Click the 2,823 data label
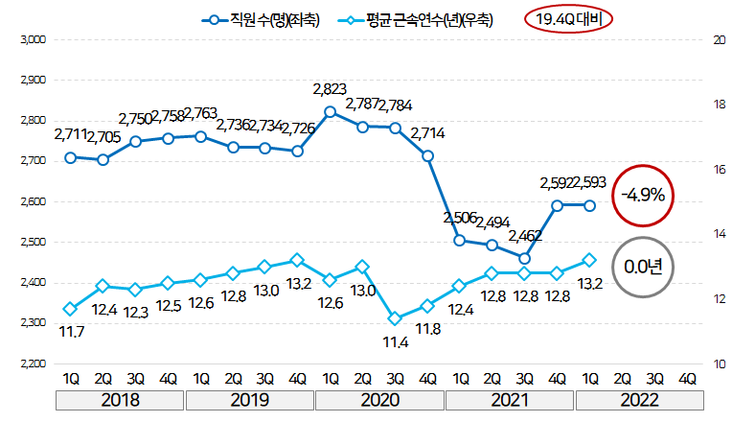pyautogui.click(x=330, y=90)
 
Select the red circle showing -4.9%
pyautogui.click(x=643, y=195)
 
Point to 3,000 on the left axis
pyautogui.click(x=33, y=39)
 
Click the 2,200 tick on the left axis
pyautogui.click(x=33, y=363)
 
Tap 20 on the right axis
pyautogui.click(x=720, y=39)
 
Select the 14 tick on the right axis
pyautogui.click(x=720, y=234)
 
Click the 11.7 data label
pyautogui.click(x=70, y=331)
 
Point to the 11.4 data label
pyautogui.click(x=395, y=342)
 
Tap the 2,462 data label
pyautogui.click(x=525, y=235)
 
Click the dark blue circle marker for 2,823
pyautogui.click(x=330, y=111)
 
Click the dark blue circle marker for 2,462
pyautogui.click(x=525, y=258)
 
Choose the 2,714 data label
pyautogui.click(x=427, y=133)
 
